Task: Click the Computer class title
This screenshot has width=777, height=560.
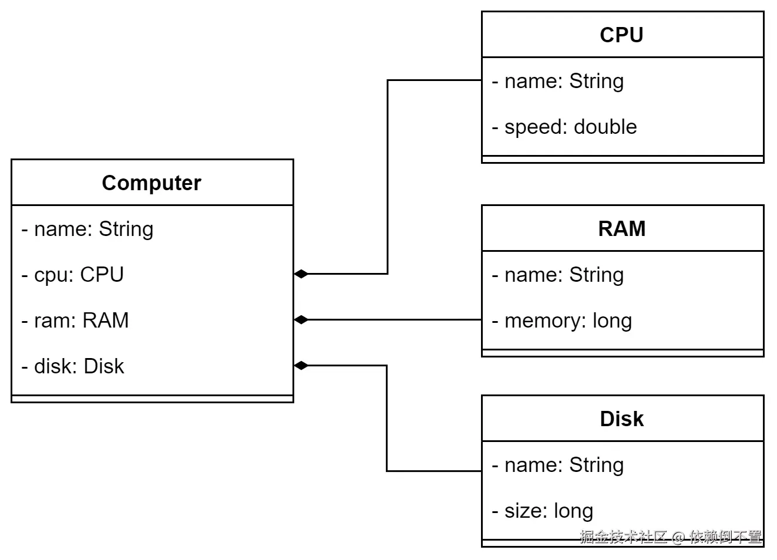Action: (x=152, y=183)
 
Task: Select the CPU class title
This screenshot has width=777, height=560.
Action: (x=621, y=35)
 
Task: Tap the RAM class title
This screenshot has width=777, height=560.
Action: (x=621, y=229)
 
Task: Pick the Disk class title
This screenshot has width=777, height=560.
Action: (x=621, y=419)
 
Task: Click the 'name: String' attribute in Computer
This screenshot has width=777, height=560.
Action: (x=88, y=229)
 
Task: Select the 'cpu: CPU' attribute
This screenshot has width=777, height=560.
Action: (x=73, y=275)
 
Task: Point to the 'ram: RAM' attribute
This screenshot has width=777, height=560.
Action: (x=75, y=321)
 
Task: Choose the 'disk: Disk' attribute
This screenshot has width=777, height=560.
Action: (x=73, y=366)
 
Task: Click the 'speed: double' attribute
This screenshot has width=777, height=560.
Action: (x=564, y=127)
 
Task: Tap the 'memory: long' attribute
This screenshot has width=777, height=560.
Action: (x=562, y=321)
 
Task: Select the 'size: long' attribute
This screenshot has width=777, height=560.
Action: (x=543, y=511)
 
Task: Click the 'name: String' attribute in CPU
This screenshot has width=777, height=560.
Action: (x=558, y=81)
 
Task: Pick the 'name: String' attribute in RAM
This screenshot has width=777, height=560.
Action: (x=558, y=275)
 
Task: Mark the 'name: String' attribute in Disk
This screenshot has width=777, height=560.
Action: (x=558, y=465)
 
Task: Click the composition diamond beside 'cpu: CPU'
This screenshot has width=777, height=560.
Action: (x=301, y=274)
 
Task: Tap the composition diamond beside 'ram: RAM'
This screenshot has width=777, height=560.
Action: (x=301, y=320)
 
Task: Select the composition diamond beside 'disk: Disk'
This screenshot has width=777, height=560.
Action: (x=301, y=366)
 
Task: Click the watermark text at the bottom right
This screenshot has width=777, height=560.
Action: (x=671, y=537)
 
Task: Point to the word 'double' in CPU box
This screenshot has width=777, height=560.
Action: (x=606, y=127)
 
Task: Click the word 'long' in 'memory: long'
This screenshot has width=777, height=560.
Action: (x=612, y=321)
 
